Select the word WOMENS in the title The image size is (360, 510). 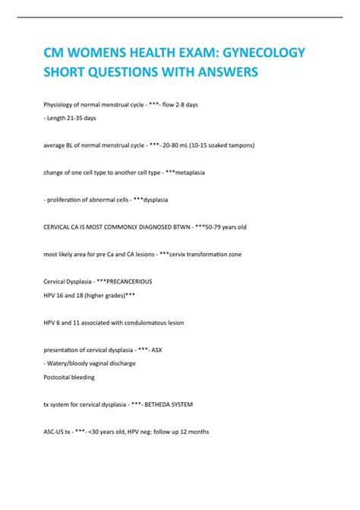coord(99,52)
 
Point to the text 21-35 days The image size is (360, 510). coord(81,118)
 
